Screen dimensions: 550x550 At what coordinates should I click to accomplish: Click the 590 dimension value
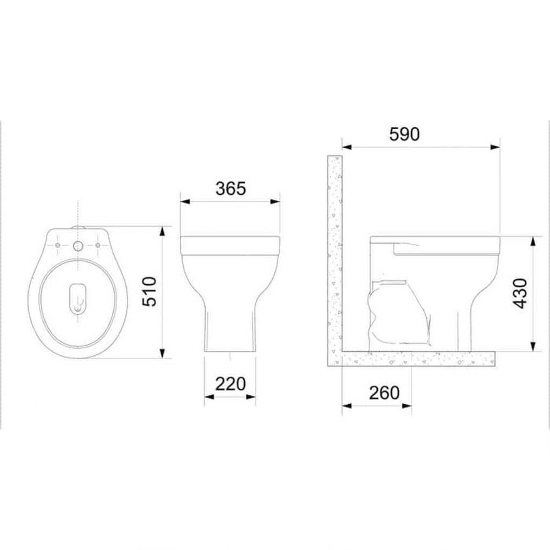404,134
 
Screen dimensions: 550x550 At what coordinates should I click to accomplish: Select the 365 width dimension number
231,189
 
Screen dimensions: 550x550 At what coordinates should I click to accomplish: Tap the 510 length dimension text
150,291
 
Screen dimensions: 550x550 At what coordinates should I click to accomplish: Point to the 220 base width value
230,384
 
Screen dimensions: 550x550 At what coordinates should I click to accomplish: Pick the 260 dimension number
384,393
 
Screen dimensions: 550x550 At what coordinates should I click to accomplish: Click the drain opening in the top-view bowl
78,298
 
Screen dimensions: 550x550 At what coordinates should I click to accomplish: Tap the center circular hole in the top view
78,245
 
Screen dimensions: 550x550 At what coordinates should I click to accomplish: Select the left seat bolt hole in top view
58,245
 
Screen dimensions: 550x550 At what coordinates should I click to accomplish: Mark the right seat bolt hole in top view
98,245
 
